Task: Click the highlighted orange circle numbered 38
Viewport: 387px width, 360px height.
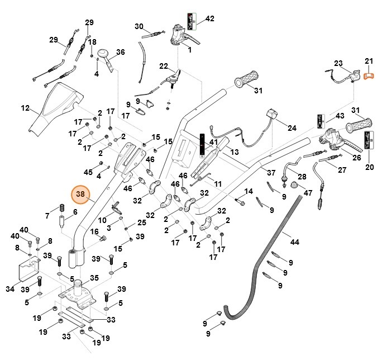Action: click(80, 195)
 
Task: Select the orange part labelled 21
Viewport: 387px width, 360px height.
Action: click(368, 75)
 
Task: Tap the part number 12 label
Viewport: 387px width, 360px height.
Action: click(25, 108)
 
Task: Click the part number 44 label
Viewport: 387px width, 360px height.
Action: click(295, 241)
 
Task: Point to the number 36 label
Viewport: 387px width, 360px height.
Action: click(120, 53)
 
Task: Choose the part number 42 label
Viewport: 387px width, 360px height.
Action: click(209, 18)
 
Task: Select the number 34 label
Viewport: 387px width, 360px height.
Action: click(9, 289)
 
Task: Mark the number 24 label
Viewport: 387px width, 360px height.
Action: click(292, 127)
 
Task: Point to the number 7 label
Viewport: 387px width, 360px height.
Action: click(47, 216)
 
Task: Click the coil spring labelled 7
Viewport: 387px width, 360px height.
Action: click(61, 212)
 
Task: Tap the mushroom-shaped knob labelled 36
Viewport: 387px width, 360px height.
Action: click(104, 54)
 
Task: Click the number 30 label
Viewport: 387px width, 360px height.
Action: click(139, 26)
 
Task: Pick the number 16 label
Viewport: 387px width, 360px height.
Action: click(94, 231)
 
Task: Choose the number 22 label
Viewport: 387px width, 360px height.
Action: click(163, 66)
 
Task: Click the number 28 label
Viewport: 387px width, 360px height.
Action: click(302, 176)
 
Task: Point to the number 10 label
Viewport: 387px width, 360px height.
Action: click(102, 220)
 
